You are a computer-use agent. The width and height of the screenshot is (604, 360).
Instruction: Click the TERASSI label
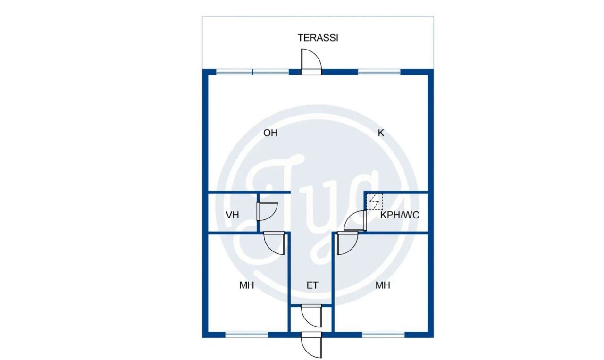tap(318, 38)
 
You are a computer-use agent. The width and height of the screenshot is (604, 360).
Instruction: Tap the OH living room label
tap(270, 133)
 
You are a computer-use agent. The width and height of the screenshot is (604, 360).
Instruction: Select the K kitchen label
tap(381, 133)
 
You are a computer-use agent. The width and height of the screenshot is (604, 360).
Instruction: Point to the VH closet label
tap(232, 215)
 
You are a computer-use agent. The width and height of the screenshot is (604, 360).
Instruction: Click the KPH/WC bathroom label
tap(400, 215)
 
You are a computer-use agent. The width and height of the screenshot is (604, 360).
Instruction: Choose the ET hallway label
tap(312, 285)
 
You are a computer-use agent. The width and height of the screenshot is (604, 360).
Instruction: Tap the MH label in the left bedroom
tap(247, 285)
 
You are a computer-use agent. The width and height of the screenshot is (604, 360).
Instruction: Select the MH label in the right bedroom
tap(383, 285)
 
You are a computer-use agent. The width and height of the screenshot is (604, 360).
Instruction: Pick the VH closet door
tap(266, 211)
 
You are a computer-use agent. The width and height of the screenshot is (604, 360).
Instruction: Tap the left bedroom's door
tap(275, 243)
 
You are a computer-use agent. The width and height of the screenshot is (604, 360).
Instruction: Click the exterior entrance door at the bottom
tap(311, 345)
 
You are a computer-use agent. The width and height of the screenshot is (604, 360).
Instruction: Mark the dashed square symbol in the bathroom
tap(375, 202)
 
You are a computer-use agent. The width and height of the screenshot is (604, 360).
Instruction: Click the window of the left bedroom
tap(246, 335)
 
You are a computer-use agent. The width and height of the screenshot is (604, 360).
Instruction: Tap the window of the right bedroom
tap(383, 335)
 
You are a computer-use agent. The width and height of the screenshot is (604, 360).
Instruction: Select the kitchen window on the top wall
tap(379, 72)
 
